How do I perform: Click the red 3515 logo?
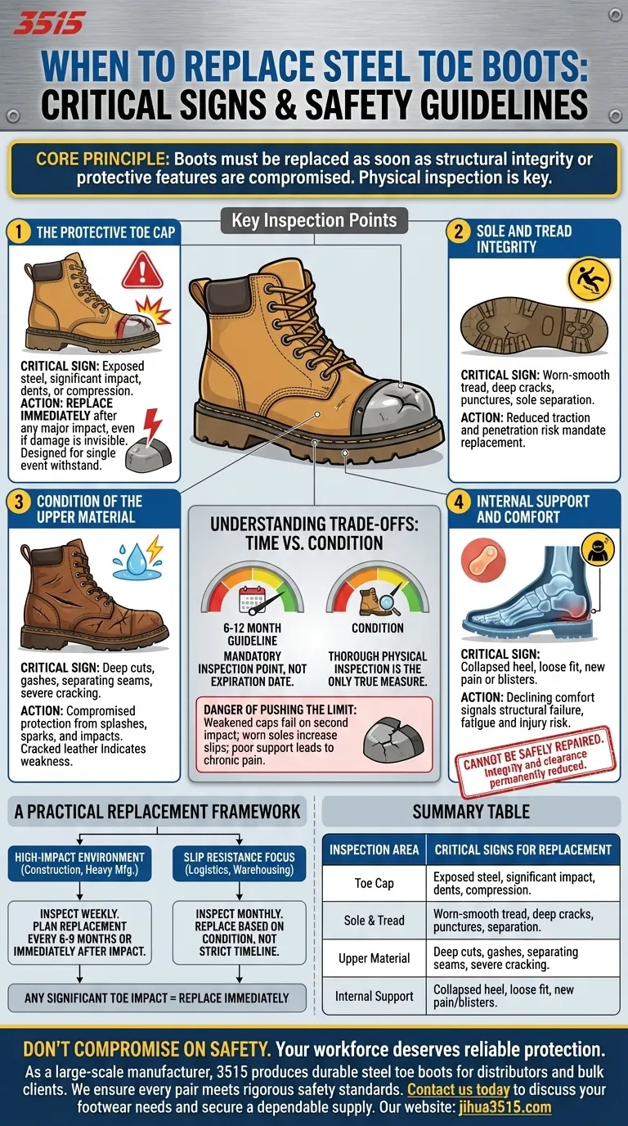[49, 22]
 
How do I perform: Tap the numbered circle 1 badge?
[18, 232]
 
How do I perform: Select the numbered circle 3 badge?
[18, 502]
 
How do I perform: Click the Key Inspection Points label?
[314, 220]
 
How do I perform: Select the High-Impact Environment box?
[79, 863]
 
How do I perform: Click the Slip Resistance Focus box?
[240, 863]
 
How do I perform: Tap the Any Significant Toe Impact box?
[157, 998]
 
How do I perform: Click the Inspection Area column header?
[374, 849]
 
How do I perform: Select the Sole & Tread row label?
[374, 921]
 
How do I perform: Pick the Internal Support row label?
[374, 996]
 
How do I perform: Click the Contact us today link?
[458, 1089]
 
